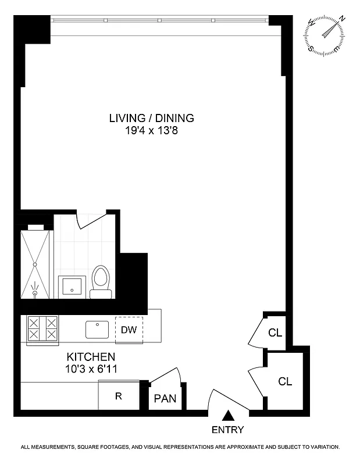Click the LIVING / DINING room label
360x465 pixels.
pyautogui.click(x=151, y=118)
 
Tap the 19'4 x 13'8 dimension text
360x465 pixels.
pyautogui.click(x=151, y=131)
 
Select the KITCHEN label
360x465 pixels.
pyautogui.click(x=91, y=356)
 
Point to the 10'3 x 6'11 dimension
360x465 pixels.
pyautogui.click(x=91, y=368)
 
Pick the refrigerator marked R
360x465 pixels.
pyautogui.click(x=118, y=397)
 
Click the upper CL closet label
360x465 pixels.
pyautogui.click(x=275, y=333)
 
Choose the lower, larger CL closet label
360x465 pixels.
pyautogui.click(x=284, y=382)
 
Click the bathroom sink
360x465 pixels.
pyautogui.click(x=73, y=287)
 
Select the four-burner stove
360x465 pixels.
pyautogui.click(x=42, y=328)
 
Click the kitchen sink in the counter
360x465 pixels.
pyautogui.click(x=97, y=329)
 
